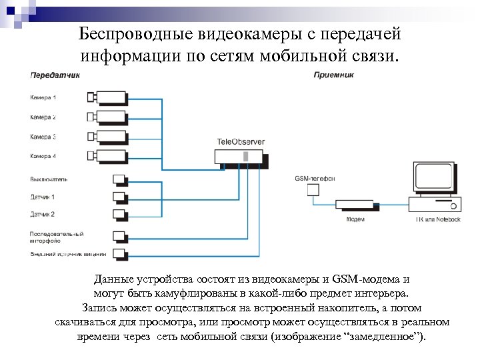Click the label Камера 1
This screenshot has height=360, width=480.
(x=43, y=97)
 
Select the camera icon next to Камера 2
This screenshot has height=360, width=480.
(x=107, y=117)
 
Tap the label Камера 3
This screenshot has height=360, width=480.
(x=43, y=137)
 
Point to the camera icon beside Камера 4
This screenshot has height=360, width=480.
(x=107, y=156)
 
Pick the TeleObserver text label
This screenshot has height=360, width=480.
(x=241, y=141)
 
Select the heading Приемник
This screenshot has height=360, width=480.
(x=333, y=75)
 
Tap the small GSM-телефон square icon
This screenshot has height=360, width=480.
(x=313, y=190)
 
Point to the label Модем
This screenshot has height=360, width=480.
(x=355, y=219)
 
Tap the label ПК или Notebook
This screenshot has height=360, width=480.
(x=438, y=219)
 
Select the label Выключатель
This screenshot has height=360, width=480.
(x=49, y=179)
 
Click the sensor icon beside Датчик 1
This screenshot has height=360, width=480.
(x=120, y=197)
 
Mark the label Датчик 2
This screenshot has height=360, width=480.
(x=43, y=214)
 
